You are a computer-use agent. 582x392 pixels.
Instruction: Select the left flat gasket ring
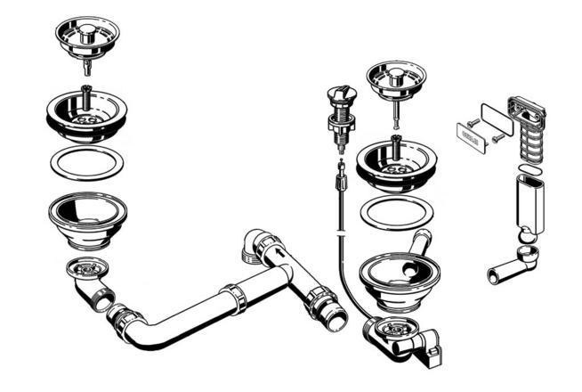[86, 165]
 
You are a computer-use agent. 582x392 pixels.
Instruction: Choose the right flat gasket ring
[396, 213]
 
